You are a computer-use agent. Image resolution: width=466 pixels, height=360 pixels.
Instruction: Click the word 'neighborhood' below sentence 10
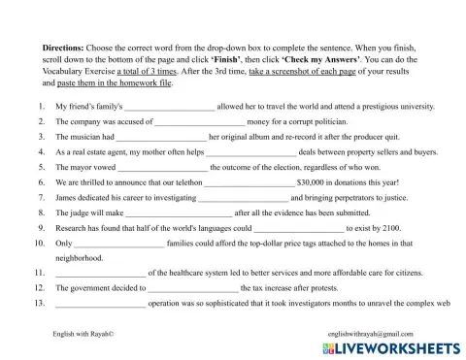(x=79, y=258)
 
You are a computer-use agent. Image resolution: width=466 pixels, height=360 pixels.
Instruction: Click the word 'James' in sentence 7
(x=67, y=198)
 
